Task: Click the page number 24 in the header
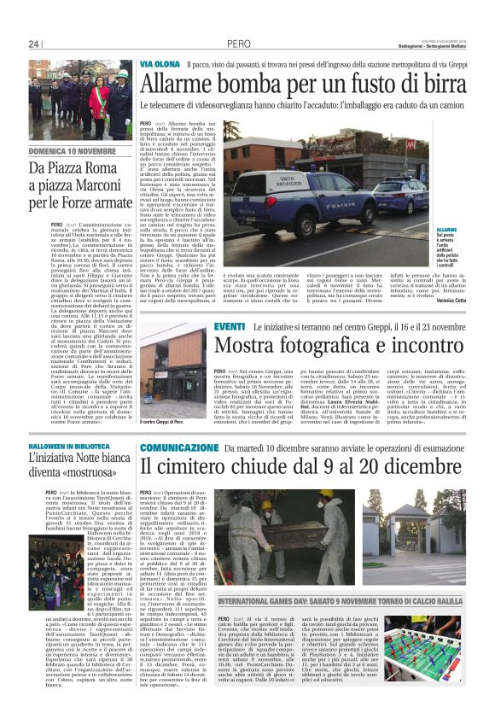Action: [33, 44]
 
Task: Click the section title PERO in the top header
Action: [238, 44]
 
